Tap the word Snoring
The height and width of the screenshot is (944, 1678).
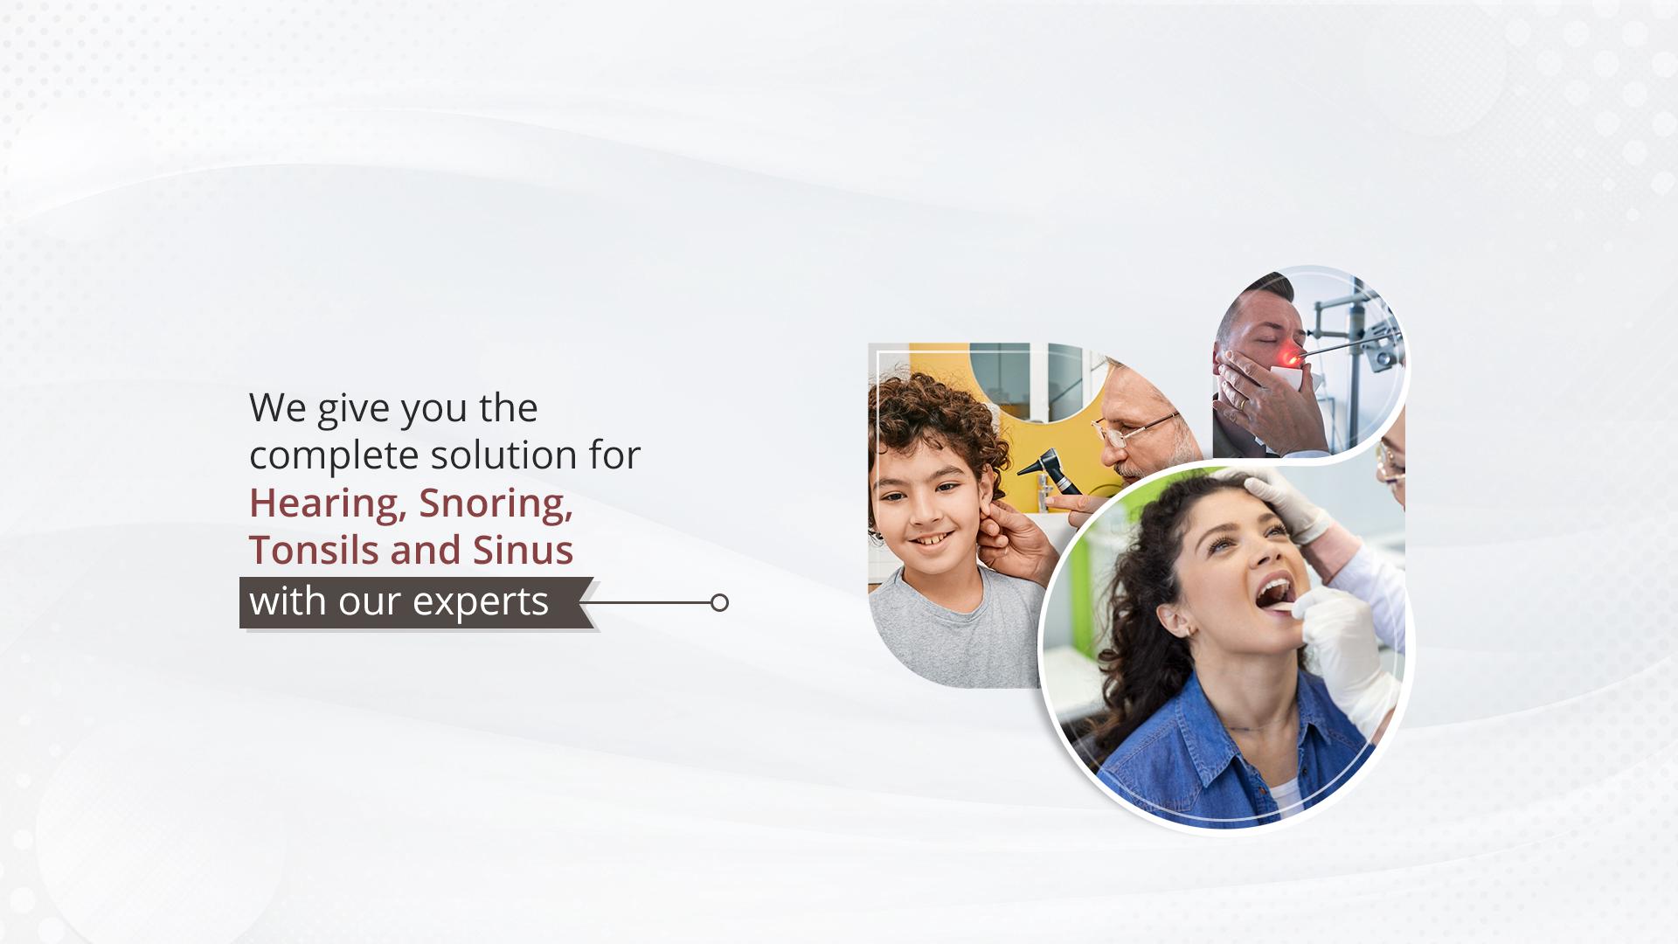click(496, 504)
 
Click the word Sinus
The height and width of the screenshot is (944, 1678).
click(524, 550)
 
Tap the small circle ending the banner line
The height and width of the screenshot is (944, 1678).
click(719, 602)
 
